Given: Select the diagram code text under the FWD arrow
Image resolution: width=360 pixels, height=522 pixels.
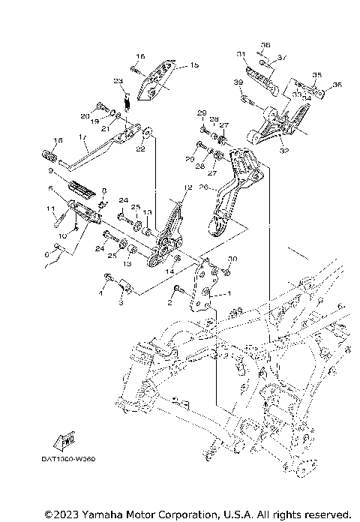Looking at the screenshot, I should (x=73, y=457).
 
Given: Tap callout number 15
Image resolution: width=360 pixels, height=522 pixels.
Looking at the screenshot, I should (x=194, y=66).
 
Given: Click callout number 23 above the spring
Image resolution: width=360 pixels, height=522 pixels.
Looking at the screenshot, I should (x=118, y=80).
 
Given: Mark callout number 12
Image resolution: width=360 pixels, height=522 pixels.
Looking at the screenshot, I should (x=188, y=187).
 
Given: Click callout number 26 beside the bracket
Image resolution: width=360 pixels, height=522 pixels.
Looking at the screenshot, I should (x=202, y=190).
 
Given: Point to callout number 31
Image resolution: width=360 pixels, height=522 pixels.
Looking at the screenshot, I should (x=240, y=54).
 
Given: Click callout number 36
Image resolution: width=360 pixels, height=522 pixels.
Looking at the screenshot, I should (x=335, y=85).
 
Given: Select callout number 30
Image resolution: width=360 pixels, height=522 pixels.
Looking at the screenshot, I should (x=232, y=259).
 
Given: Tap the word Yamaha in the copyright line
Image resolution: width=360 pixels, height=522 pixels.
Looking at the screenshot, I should (x=85, y=514).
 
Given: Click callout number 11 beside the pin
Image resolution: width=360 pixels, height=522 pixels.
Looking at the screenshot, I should (x=51, y=208).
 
